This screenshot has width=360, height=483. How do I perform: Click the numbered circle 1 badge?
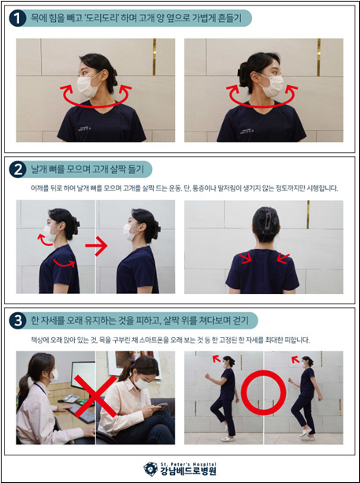click(17, 18)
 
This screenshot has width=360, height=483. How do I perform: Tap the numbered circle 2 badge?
click(17, 169)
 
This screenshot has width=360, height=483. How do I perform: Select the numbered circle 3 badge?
click(17, 321)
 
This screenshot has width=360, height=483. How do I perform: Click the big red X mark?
click(95, 398)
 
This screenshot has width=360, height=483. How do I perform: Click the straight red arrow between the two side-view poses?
click(96, 246)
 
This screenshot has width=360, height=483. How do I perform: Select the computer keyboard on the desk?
click(83, 414)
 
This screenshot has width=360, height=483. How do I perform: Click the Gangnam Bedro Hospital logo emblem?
click(150, 469)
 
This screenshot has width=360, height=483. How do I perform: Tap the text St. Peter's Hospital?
click(188, 464)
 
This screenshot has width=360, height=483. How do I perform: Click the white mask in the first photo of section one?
click(87, 86)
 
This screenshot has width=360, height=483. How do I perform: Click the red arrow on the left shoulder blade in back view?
click(247, 258)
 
